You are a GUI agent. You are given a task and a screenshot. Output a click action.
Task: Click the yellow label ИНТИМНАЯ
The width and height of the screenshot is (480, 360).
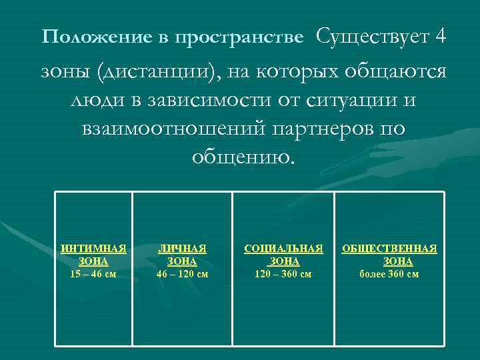point(93,249)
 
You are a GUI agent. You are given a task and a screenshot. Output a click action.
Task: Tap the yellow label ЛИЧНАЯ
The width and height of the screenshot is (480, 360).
point(182,249)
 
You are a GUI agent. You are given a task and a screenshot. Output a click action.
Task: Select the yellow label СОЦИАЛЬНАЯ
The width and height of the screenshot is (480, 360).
point(283,249)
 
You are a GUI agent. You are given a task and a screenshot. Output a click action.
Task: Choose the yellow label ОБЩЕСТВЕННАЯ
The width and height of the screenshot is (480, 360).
point(389,249)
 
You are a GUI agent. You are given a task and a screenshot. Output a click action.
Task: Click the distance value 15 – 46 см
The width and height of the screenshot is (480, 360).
point(93,273)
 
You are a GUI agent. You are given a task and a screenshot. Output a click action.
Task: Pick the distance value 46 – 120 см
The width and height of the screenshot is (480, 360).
point(182,273)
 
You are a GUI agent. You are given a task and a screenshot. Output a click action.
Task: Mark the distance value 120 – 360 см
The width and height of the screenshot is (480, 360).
point(283,273)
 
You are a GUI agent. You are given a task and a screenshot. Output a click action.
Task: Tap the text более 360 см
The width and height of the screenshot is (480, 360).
point(389,273)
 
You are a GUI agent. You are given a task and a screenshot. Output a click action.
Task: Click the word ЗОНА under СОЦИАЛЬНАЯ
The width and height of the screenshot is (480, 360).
point(284,261)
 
